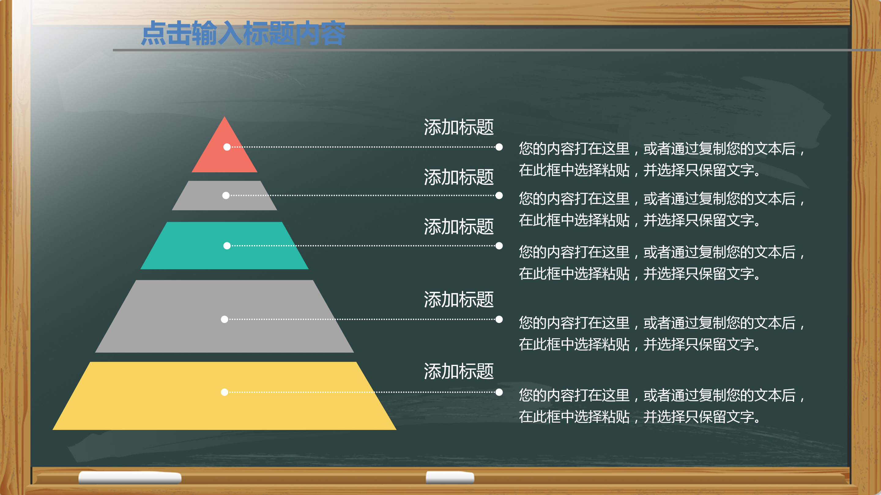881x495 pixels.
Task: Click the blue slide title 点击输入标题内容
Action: (243, 33)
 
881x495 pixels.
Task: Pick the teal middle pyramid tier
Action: (224, 256)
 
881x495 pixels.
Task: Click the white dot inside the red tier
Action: (227, 147)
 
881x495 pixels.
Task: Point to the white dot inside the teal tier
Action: (227, 246)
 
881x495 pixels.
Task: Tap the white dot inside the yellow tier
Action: (224, 392)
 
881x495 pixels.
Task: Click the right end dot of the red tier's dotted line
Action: (499, 147)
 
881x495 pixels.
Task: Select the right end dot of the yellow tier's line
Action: (499, 392)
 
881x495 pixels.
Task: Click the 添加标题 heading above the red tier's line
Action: (459, 127)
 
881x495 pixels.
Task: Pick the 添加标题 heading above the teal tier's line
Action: (459, 226)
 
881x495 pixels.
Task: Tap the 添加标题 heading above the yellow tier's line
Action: (459, 371)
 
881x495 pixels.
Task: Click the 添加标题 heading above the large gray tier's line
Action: (459, 299)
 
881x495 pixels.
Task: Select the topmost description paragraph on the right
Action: (662, 159)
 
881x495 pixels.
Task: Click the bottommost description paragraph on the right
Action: (662, 406)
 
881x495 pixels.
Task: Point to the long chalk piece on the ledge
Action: (130, 477)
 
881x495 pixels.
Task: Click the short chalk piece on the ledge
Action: (450, 477)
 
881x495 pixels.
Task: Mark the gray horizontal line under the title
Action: (479, 50)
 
